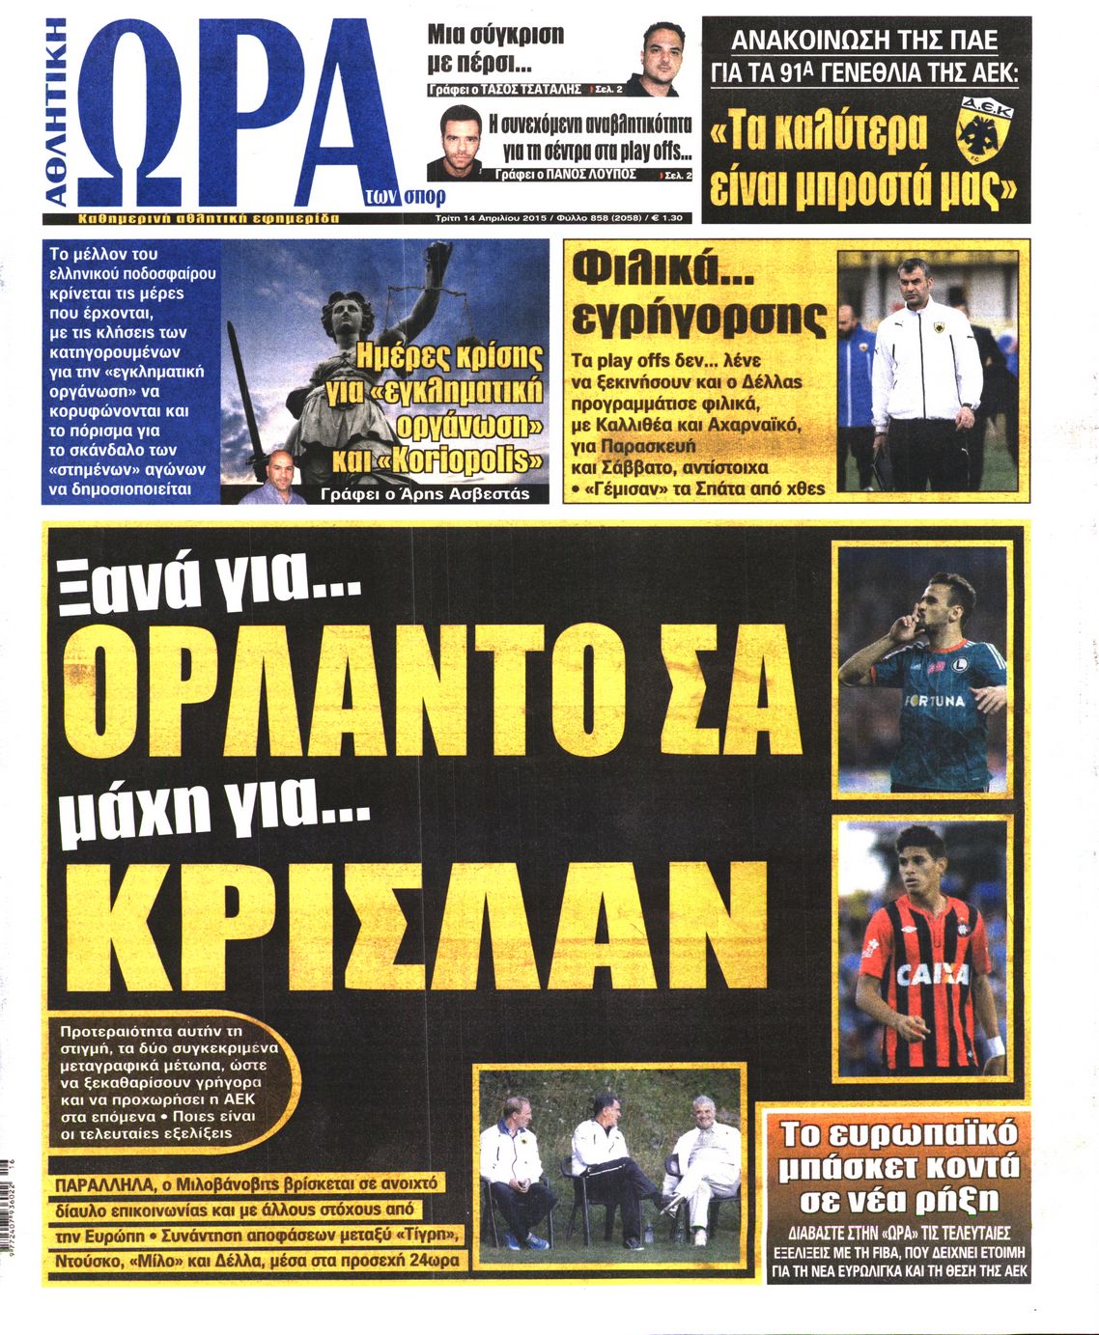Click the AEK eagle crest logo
click(x=982, y=127)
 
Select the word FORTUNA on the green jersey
click(x=935, y=700)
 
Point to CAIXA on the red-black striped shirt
click(x=932, y=974)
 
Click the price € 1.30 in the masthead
click(x=667, y=218)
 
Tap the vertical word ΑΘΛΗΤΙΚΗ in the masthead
click(x=58, y=111)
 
